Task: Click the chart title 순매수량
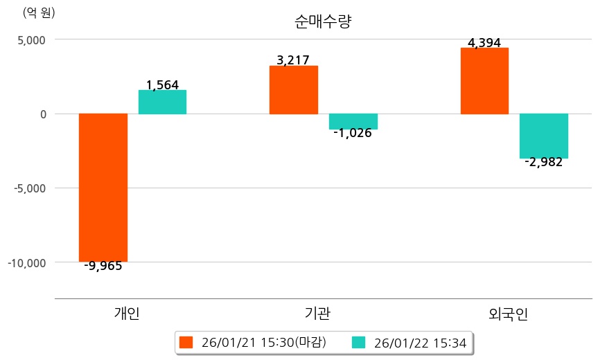pos(324,21)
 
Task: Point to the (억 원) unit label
pos(39,12)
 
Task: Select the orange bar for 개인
pos(103,187)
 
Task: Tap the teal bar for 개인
pos(162,102)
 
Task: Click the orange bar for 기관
pos(294,90)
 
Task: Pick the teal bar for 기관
pos(353,121)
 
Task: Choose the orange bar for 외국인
pos(484,80)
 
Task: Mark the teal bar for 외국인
pos(544,136)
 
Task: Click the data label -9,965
pos(103,266)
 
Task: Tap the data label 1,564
pos(162,85)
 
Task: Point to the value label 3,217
pos(292,60)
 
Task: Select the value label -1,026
pos(352,133)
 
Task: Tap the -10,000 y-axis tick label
pos(27,262)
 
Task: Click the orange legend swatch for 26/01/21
pos(185,342)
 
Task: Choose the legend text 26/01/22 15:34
pos(419,342)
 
